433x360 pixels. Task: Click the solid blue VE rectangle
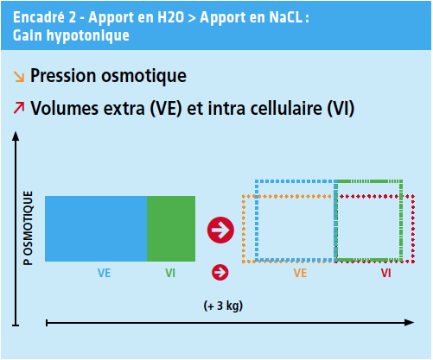pos(96,229)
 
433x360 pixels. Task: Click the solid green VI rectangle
pos(171,229)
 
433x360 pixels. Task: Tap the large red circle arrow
pos(220,230)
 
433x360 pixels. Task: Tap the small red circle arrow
pos(220,272)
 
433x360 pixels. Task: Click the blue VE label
pos(104,273)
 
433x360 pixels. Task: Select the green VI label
pos(170,273)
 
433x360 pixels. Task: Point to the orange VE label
pos(300,273)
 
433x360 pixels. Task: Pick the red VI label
pos(386,273)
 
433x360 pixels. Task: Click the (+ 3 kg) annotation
pos(223,306)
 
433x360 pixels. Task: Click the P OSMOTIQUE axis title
pos(28,228)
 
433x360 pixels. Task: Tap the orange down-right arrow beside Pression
pos(19,77)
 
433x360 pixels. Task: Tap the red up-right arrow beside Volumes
pos(19,108)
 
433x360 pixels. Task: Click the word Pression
pos(63,76)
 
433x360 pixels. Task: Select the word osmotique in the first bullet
pos(143,76)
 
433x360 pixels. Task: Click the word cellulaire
pos(286,108)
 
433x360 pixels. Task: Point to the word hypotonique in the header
pos(88,36)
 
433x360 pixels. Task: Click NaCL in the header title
pos(286,17)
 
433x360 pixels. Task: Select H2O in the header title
pos(170,17)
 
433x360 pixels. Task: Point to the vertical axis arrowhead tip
pos(16,132)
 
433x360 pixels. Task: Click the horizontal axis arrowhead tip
pos(414,323)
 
